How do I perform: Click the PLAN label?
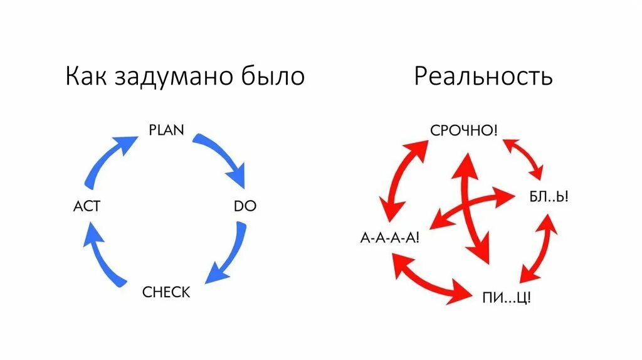(166, 130)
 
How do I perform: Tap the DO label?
(245, 206)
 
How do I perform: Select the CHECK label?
(166, 292)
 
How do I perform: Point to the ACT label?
(87, 206)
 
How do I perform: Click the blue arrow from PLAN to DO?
(223, 157)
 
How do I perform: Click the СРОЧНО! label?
(465, 130)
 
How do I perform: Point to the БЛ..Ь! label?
(549, 197)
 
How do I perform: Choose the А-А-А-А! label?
(389, 238)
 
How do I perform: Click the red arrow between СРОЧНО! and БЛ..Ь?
(524, 158)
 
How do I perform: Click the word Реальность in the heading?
(483, 77)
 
